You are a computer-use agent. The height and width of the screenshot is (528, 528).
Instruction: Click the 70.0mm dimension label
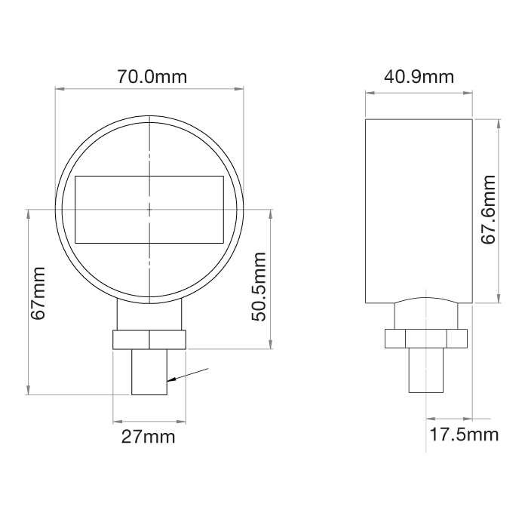[151, 77]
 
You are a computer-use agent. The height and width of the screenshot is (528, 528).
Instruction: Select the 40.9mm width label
[419, 77]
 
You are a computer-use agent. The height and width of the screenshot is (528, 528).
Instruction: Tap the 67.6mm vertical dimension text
[490, 210]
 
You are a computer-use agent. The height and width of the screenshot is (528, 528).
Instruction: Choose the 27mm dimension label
[149, 437]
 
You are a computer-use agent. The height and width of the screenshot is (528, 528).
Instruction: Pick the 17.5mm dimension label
[464, 434]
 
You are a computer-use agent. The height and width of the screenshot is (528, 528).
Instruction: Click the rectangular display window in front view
[149, 209]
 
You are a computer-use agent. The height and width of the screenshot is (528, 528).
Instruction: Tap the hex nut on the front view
[149, 339]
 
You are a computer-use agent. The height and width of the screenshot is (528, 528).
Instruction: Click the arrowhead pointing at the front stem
[171, 379]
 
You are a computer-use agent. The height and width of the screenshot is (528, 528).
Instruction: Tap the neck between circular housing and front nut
[149, 315]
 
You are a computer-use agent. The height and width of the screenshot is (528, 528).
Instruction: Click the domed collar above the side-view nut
[426, 312]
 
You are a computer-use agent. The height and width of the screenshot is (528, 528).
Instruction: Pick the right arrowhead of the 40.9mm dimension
[469, 94]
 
